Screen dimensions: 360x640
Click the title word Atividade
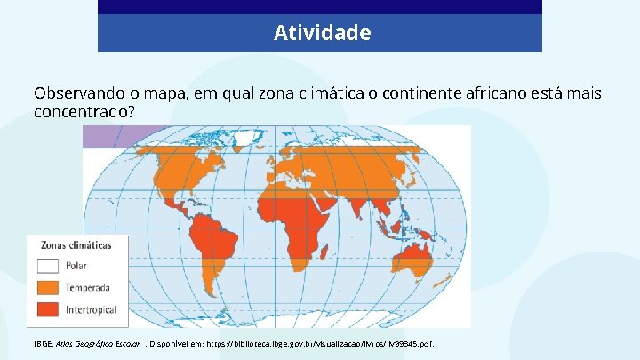click(322, 33)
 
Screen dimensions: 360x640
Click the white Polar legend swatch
click(48, 265)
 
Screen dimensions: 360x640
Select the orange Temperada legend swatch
click(48, 287)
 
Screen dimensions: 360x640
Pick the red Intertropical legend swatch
click(48, 309)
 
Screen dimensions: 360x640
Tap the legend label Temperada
click(87, 287)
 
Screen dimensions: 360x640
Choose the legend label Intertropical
click(91, 309)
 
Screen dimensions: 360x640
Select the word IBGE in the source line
click(44, 343)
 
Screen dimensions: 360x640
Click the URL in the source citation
click(339, 343)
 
